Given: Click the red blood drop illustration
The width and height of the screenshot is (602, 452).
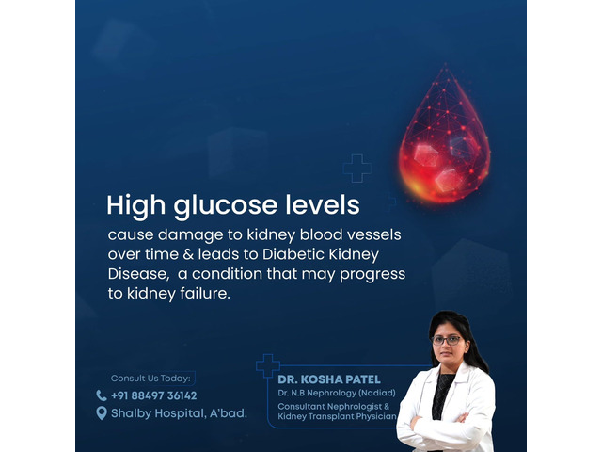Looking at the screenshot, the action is (444, 138).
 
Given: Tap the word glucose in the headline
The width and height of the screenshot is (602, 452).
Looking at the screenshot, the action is (225, 206).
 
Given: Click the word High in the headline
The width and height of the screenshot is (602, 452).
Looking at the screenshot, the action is (135, 206).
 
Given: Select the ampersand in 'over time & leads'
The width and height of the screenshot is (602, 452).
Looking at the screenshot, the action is (188, 254).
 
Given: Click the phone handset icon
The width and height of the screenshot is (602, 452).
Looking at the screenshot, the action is (102, 395).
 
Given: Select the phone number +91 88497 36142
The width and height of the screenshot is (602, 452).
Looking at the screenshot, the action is (154, 395).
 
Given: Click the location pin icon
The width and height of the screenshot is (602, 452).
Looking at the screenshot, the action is (102, 413).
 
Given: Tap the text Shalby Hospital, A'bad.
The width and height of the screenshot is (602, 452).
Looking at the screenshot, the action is (179, 413).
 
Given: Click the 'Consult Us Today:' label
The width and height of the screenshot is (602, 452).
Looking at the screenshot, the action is (150, 379).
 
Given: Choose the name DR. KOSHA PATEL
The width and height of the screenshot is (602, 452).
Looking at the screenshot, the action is (329, 379).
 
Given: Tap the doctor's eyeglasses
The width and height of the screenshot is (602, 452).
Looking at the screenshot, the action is (447, 340).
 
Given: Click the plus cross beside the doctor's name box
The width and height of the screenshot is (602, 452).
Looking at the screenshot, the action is (268, 365).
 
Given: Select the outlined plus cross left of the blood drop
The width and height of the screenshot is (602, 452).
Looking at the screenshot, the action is (357, 168).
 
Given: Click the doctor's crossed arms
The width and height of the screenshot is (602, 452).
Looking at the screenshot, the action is (441, 426).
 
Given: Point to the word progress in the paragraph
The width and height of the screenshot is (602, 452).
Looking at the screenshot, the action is (372, 275).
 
